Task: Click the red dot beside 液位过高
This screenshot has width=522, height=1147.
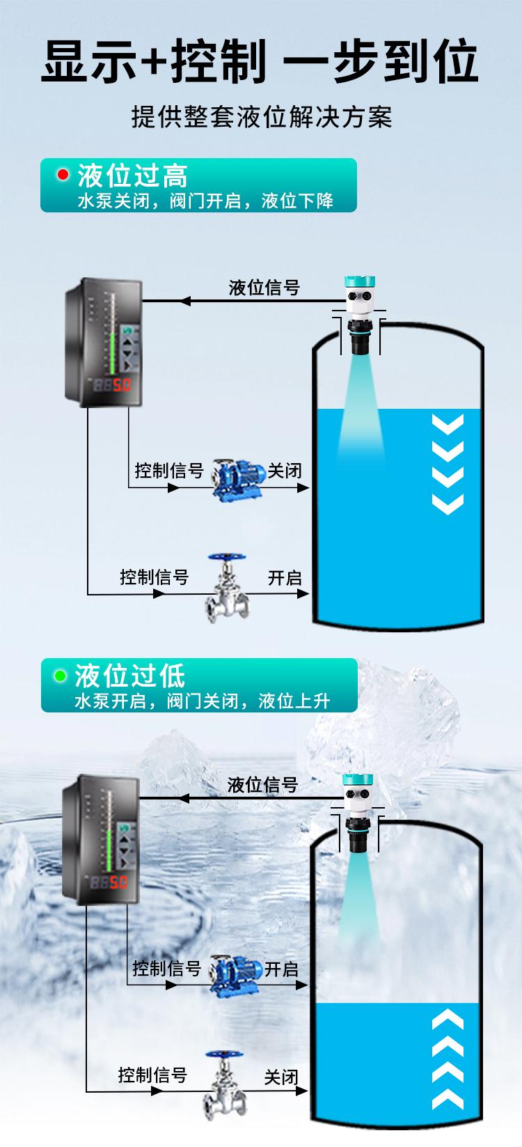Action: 63,174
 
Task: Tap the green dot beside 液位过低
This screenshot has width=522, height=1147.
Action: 61,675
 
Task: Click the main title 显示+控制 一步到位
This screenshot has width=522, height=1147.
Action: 260,61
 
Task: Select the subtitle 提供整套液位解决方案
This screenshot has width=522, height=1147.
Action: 262,117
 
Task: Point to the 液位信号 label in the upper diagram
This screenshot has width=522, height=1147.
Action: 264,288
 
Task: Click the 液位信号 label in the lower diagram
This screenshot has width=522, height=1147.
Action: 262,785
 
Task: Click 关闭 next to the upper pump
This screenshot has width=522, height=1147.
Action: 285,471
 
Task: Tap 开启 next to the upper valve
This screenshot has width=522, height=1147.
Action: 285,578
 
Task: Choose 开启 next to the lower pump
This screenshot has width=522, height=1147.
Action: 281,969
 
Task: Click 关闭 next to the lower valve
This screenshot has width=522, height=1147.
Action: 281,1077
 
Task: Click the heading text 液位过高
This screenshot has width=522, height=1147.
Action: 132,175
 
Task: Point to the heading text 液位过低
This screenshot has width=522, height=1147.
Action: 130,676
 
